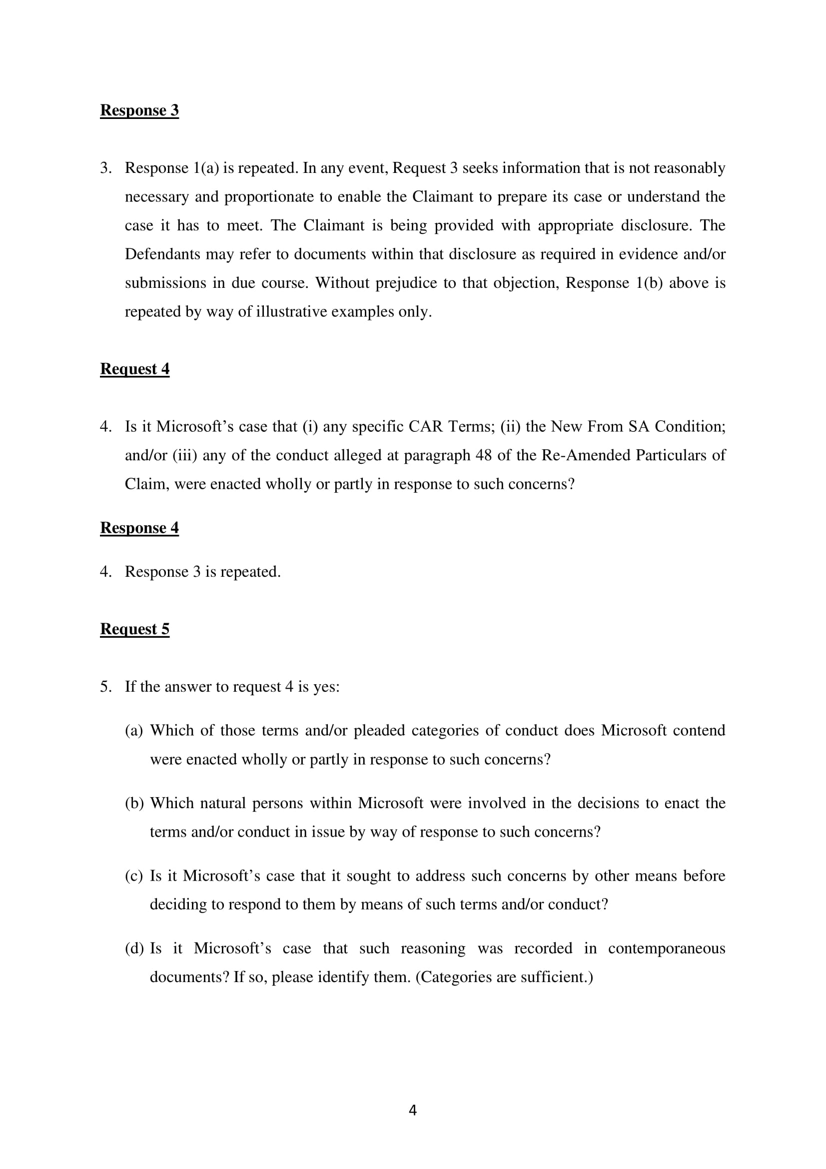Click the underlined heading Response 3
[x=139, y=110]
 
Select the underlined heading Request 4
[x=134, y=369]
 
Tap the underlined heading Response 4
[x=139, y=528]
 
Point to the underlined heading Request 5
[x=134, y=629]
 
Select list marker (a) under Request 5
[x=134, y=731]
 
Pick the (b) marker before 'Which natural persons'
[x=134, y=803]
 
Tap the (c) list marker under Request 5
[x=134, y=876]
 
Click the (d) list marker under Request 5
[x=134, y=948]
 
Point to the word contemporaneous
[x=666, y=948]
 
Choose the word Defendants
[x=162, y=254]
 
